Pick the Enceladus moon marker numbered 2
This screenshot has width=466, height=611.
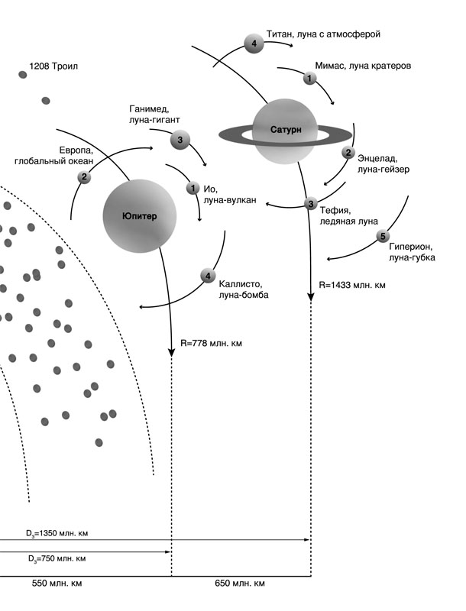348,153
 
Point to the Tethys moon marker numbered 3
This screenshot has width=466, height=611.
310,203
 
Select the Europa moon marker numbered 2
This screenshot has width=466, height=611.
84,177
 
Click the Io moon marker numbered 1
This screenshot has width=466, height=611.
193,187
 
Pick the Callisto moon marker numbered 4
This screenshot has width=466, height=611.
206,276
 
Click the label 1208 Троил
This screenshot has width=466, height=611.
53,66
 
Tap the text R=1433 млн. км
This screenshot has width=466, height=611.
352,284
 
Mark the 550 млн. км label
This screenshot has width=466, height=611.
57,584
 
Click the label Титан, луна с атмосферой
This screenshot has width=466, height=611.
323,34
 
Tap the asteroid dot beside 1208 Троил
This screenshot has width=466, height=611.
23,74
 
